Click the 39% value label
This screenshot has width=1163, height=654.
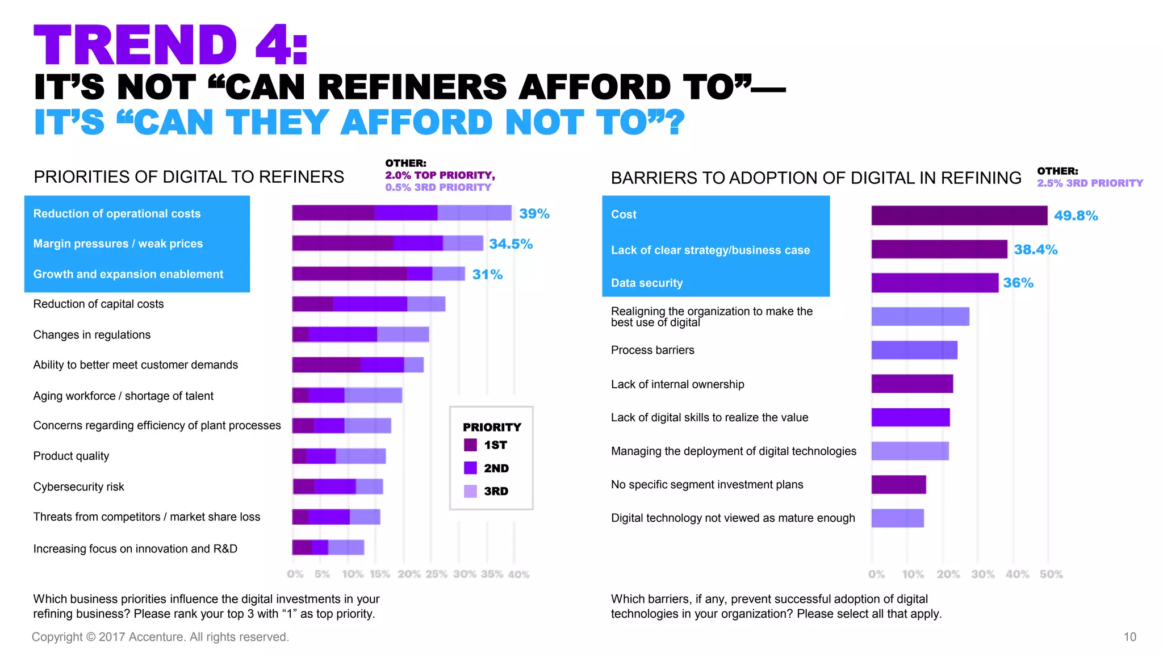pyautogui.click(x=534, y=214)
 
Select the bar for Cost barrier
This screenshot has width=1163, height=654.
pyautogui.click(x=959, y=216)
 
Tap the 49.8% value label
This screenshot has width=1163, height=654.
pyautogui.click(x=1076, y=216)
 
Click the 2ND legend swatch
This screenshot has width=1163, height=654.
pyautogui.click(x=470, y=468)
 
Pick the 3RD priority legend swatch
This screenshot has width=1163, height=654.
pyautogui.click(x=470, y=491)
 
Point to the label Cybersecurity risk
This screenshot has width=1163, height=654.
pyautogui.click(x=78, y=487)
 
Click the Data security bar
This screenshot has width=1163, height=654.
pyautogui.click(x=934, y=283)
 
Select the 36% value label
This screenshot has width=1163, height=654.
pyautogui.click(x=1018, y=283)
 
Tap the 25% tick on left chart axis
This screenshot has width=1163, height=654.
pyautogui.click(x=436, y=574)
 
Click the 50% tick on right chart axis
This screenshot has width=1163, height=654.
pyautogui.click(x=1051, y=574)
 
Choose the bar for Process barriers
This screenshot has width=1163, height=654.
pyautogui.click(x=914, y=350)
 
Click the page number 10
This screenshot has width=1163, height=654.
pyautogui.click(x=1129, y=637)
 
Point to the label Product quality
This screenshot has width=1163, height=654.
pyautogui.click(x=71, y=456)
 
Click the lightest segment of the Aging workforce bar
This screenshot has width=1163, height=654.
pyautogui.click(x=373, y=395)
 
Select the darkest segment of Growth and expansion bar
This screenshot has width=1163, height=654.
pyautogui.click(x=349, y=274)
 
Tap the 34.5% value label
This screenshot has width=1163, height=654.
pyautogui.click(x=511, y=244)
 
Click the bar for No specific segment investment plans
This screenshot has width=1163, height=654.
pyautogui.click(x=898, y=485)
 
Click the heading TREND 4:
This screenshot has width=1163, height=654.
pyautogui.click(x=170, y=45)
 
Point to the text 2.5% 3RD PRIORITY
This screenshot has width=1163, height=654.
pyautogui.click(x=1089, y=183)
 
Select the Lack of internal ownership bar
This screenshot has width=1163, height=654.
pyautogui.click(x=911, y=384)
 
